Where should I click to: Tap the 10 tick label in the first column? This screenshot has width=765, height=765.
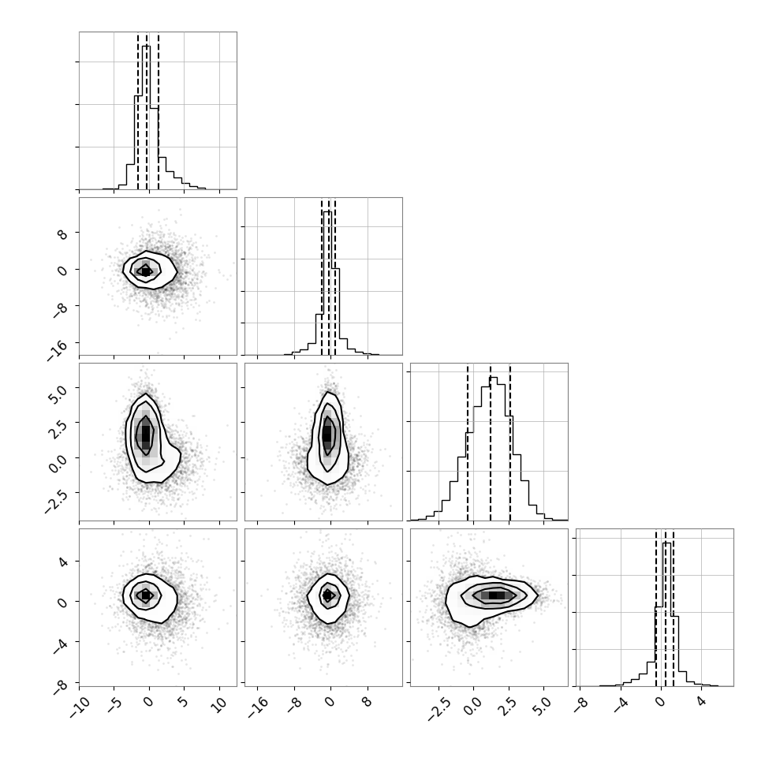(x=221, y=704)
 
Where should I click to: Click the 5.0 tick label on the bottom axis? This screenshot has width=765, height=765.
(x=543, y=706)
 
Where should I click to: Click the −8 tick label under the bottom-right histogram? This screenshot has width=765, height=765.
(x=580, y=704)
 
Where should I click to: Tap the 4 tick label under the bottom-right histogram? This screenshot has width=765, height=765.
(x=702, y=701)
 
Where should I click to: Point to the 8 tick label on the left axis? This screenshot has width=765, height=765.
(x=62, y=234)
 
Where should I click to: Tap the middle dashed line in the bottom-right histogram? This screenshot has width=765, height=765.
(x=665, y=608)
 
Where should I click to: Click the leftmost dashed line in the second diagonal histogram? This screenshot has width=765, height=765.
(x=322, y=277)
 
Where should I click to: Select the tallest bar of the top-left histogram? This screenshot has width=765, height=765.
(x=147, y=118)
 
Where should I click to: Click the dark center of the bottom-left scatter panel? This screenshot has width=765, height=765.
(x=145, y=595)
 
